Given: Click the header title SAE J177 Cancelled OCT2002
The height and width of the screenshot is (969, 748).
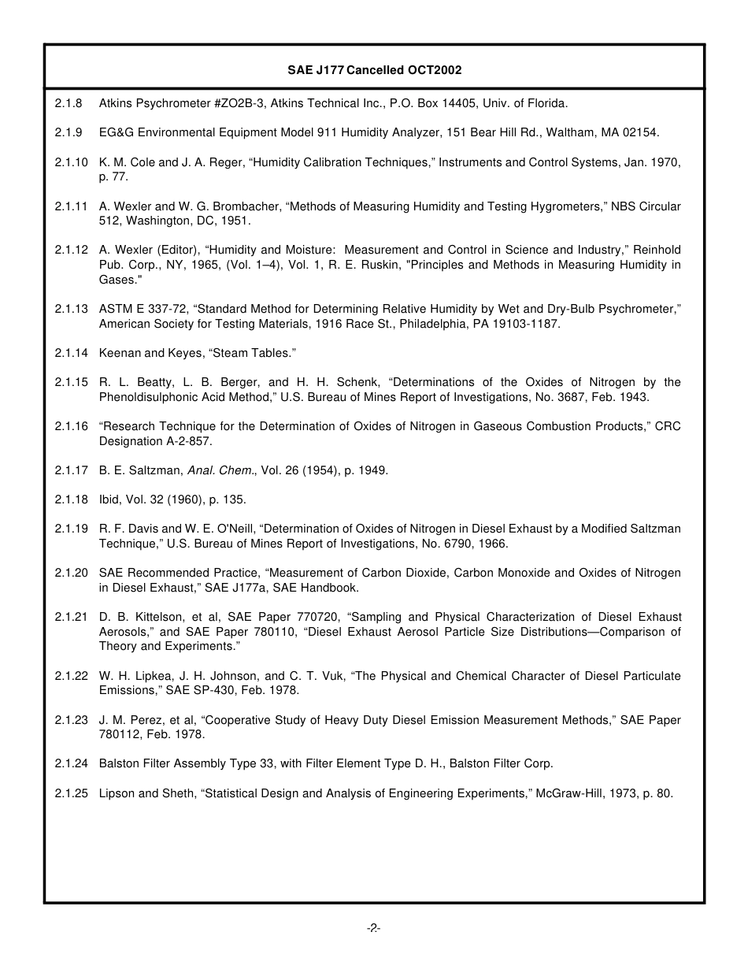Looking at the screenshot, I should pyautogui.click(x=374, y=70).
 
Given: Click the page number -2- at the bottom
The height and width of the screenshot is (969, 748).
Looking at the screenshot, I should pyautogui.click(x=374, y=929).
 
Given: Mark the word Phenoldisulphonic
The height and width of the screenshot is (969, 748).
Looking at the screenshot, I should pyautogui.click(x=147, y=397).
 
